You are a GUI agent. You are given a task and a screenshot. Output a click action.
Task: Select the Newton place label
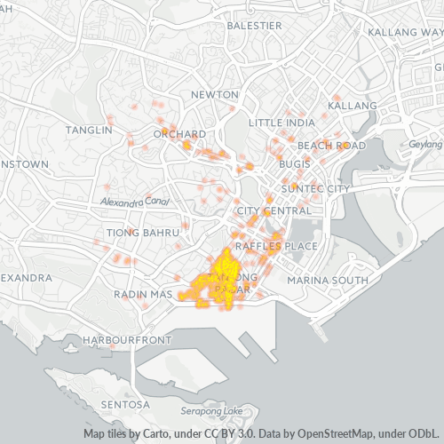click(214, 95)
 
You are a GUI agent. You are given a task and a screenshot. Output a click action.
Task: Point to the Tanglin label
click(89, 130)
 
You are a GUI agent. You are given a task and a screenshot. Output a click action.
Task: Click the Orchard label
click(179, 134)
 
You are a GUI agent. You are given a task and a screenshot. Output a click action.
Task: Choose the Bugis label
click(294, 164)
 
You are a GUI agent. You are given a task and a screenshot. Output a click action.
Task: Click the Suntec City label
click(315, 189)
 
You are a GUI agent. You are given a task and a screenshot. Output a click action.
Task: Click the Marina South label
click(327, 281)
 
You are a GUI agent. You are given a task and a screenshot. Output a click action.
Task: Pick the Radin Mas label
click(142, 294)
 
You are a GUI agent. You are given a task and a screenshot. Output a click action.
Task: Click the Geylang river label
click(425, 144)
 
